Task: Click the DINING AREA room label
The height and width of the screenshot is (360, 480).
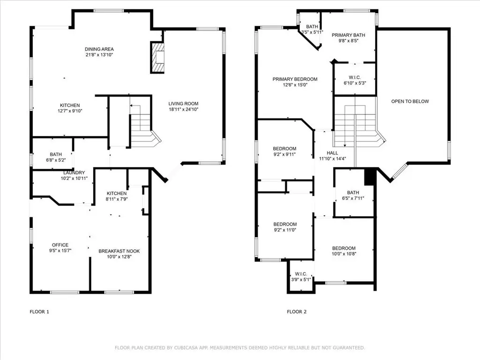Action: [99, 49]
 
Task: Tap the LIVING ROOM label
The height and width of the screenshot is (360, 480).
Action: [183, 104]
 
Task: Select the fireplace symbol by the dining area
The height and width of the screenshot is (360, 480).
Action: [157, 58]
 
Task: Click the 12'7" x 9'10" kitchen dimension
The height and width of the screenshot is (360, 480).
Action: [70, 111]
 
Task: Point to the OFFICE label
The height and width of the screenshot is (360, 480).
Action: [60, 245]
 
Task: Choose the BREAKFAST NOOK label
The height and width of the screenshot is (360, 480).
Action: [119, 251]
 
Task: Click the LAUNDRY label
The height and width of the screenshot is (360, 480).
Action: [74, 172]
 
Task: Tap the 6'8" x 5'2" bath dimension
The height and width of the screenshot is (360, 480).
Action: [56, 160]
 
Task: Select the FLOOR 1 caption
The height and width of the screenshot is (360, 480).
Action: [39, 312]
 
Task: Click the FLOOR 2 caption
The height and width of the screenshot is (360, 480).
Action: [297, 312]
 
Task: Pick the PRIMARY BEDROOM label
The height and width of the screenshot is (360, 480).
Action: [295, 79]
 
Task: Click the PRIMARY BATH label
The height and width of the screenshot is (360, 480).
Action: [348, 35]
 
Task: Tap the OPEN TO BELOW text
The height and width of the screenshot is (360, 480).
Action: [410, 101]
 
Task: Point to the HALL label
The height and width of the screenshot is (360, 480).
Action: [332, 153]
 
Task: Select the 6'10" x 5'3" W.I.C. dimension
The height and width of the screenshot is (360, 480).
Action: [355, 83]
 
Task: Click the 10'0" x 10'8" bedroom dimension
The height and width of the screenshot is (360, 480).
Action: [344, 254]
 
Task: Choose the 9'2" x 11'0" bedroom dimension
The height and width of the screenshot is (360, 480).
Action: [285, 230]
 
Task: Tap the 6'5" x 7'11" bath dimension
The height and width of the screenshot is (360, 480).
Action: [353, 198]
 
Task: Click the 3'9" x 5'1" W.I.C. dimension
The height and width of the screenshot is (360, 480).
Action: [301, 279]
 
